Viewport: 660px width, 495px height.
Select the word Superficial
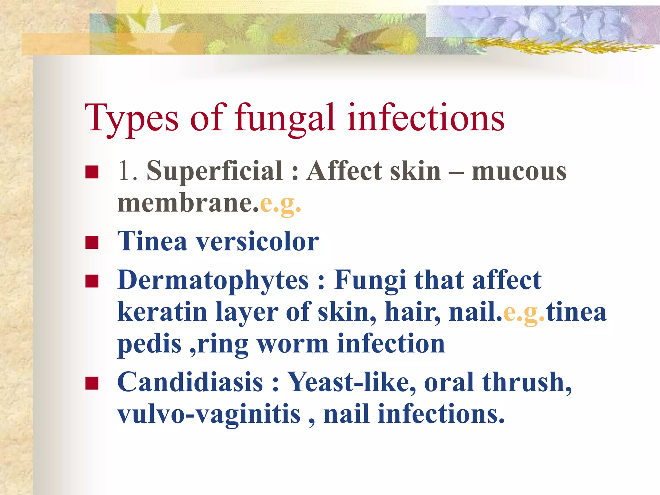(215, 171)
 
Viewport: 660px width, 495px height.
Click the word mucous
(519, 171)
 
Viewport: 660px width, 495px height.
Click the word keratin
(162, 312)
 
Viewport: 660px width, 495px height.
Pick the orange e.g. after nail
(524, 312)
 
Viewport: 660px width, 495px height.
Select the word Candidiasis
(190, 382)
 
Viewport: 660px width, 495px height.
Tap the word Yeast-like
(351, 382)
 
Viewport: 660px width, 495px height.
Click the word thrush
(527, 382)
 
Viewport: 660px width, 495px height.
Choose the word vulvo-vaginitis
(209, 414)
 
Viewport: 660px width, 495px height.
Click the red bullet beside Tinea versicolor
(92, 242)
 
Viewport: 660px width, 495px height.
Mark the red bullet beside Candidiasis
(92, 383)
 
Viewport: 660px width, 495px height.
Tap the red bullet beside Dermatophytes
(92, 281)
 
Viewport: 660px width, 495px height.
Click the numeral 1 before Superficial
(124, 171)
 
